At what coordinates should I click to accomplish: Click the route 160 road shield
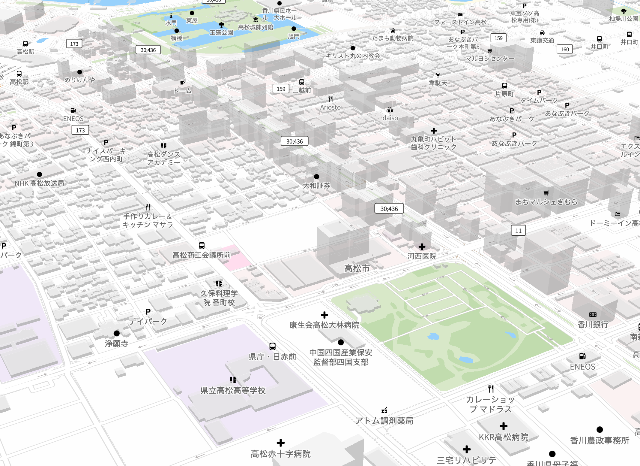point(564,49)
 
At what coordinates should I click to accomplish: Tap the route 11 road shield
point(518,231)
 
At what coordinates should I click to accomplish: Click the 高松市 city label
point(357,268)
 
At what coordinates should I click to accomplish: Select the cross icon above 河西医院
point(422,247)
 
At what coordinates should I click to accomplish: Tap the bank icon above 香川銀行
point(593,315)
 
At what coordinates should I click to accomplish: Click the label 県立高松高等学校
point(233,390)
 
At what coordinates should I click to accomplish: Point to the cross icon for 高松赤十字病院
point(281,443)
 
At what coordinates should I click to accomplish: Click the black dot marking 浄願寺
point(117,333)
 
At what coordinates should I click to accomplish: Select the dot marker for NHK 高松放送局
point(39,174)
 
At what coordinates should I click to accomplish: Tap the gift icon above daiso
point(390,110)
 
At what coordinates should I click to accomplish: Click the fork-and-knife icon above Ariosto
point(330,99)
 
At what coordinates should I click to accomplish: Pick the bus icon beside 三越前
point(302,82)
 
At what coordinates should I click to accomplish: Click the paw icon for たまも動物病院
point(393,31)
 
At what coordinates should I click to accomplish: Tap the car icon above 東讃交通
point(542,33)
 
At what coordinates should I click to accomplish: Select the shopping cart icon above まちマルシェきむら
point(546,193)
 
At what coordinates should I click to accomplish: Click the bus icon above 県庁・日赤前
point(272,346)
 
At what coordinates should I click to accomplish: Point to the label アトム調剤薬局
point(384,421)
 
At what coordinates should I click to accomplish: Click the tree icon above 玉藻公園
point(221,25)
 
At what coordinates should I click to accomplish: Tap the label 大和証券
point(316,186)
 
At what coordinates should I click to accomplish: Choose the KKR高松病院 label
point(504,437)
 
